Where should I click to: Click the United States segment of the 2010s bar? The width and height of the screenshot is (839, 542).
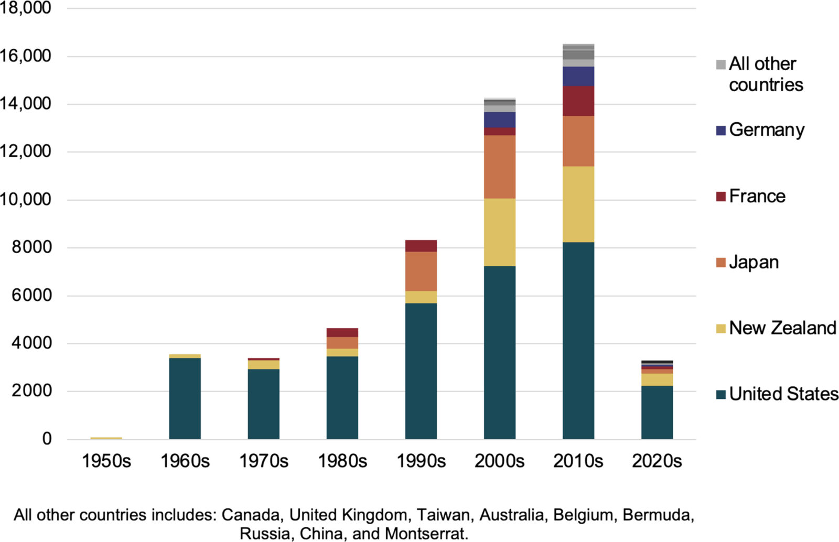(x=578, y=341)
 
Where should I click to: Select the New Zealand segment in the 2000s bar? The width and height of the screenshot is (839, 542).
(x=499, y=232)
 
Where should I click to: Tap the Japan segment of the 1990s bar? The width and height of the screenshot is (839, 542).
(x=421, y=271)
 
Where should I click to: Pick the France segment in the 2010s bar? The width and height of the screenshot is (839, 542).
(x=578, y=101)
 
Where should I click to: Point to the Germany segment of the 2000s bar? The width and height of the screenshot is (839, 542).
(x=499, y=120)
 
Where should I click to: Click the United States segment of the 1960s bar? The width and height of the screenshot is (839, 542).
(x=185, y=398)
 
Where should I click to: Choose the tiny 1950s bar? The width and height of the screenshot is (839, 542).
(x=106, y=438)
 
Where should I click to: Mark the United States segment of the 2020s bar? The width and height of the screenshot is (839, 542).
(x=657, y=413)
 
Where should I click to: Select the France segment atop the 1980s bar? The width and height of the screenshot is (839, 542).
(x=342, y=332)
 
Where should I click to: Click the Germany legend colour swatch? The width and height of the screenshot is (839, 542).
(x=720, y=131)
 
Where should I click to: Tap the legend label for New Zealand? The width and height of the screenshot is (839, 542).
(x=782, y=328)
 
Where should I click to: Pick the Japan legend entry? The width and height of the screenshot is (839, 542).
(x=754, y=262)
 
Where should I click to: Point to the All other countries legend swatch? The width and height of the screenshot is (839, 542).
(x=720, y=64)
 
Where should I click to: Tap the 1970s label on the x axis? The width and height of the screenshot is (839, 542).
(x=263, y=461)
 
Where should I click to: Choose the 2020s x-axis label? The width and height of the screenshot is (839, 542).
(x=657, y=461)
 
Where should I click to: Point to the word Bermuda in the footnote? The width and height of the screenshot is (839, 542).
(x=658, y=515)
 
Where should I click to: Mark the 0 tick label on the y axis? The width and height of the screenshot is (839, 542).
(x=47, y=439)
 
